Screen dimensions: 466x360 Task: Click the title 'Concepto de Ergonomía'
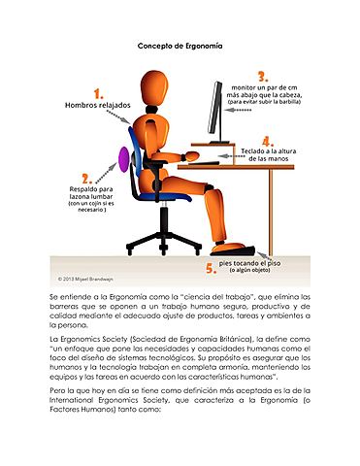(x=180, y=46)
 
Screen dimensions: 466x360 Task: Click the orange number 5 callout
(x=210, y=268)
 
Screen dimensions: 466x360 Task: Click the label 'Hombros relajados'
(x=96, y=105)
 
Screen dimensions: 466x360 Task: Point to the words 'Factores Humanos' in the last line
(x=80, y=410)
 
